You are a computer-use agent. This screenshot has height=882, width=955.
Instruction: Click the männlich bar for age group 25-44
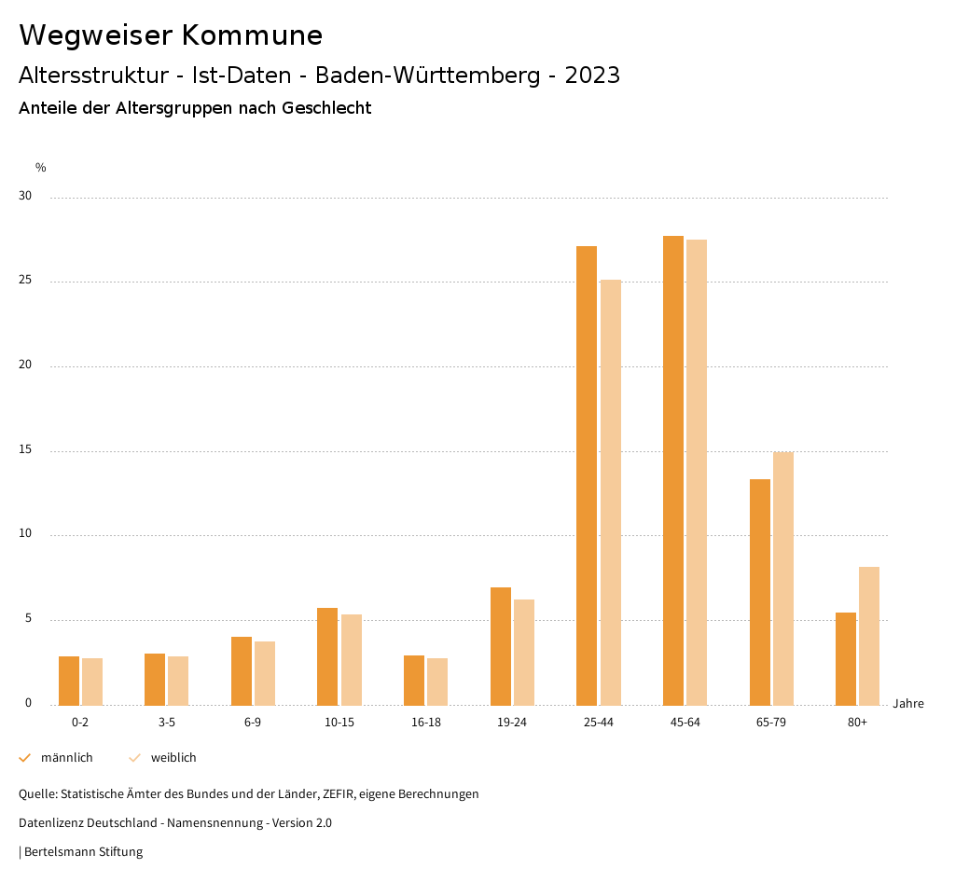point(587,475)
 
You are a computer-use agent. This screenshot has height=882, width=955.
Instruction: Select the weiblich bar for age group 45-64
point(697,473)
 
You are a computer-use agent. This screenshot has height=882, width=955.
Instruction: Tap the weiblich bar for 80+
point(869,636)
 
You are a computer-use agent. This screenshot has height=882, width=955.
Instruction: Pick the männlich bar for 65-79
point(760,592)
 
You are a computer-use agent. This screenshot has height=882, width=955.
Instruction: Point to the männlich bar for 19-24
point(501,646)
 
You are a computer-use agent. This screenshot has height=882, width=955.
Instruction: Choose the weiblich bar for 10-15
point(352,660)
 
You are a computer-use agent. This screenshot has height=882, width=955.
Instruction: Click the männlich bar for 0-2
point(69,681)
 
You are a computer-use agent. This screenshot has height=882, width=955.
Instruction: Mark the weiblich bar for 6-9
point(265,673)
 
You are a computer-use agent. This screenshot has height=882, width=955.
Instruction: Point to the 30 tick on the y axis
point(25,197)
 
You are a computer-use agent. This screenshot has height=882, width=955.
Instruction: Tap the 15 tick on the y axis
point(25,450)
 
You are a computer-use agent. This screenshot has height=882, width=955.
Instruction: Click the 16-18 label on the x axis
point(425,723)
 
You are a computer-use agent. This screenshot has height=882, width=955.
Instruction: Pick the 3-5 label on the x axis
point(166,723)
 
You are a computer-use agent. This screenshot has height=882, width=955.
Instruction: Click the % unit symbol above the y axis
point(41,168)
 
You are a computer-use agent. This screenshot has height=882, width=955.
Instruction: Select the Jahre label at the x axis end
point(908,704)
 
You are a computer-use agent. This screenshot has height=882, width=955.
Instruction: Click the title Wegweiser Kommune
point(171,35)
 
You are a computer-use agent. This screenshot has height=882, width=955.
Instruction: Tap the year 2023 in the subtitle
point(591,76)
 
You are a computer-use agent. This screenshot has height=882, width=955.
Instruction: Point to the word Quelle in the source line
point(37,794)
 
